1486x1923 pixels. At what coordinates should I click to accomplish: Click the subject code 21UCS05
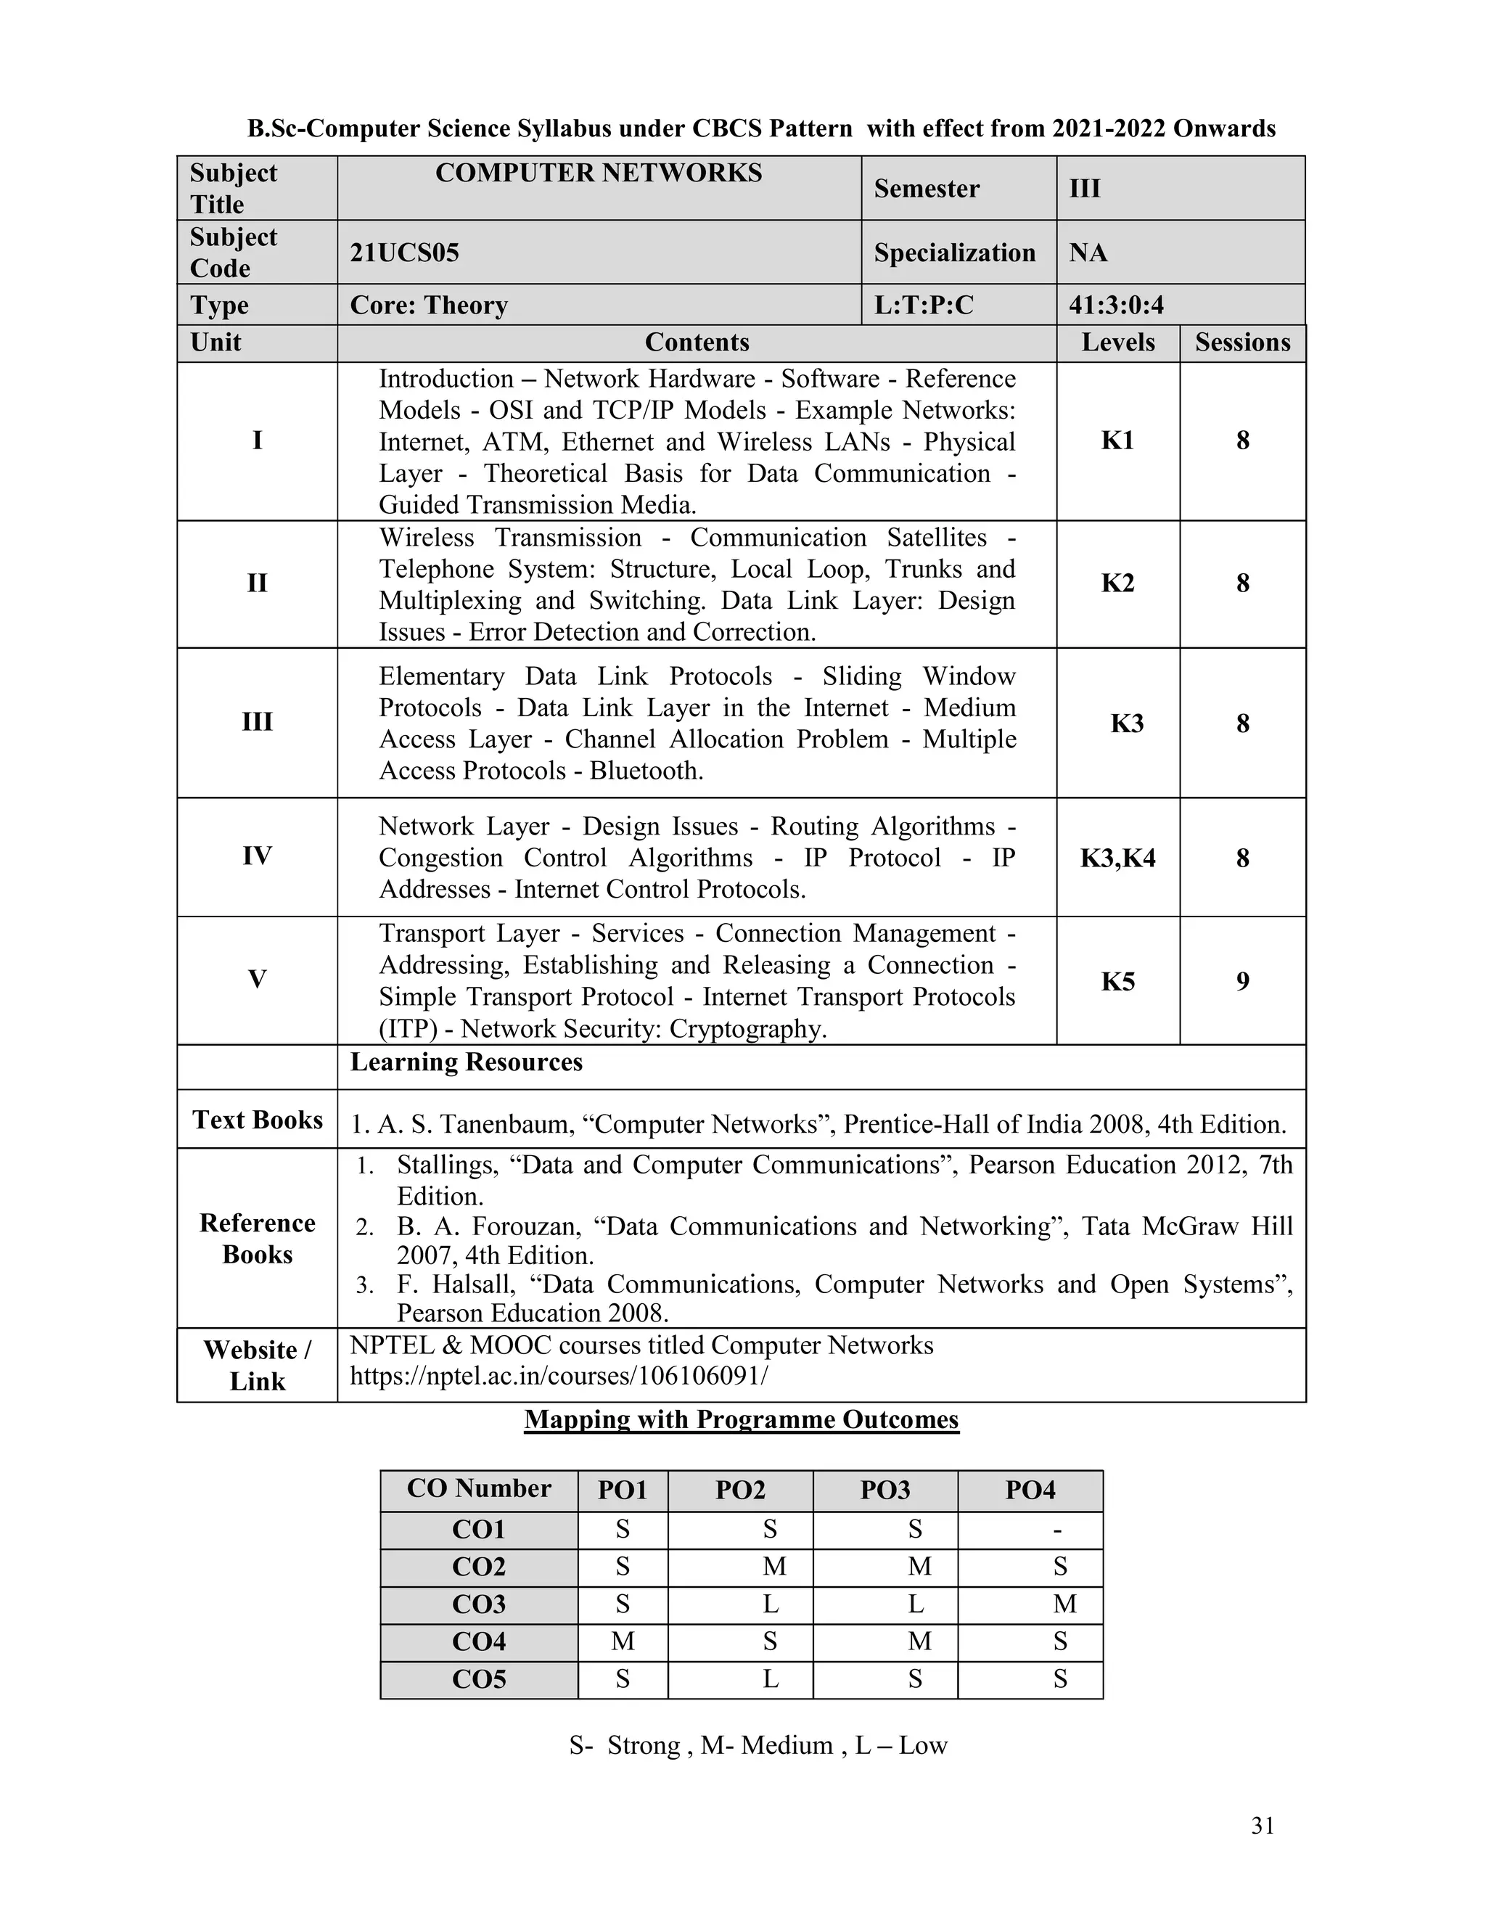click(x=404, y=253)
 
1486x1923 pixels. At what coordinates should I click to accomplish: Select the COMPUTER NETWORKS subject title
click(x=599, y=173)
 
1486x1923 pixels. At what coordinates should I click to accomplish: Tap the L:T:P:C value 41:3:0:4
click(x=1115, y=305)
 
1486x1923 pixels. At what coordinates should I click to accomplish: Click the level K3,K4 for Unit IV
click(x=1117, y=858)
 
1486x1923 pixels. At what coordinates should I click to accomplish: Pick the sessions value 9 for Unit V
click(x=1242, y=981)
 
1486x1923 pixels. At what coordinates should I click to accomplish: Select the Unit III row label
click(x=256, y=722)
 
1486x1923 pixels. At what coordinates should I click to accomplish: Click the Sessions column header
click(x=1242, y=343)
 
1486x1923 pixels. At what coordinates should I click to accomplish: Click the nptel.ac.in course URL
click(x=558, y=1375)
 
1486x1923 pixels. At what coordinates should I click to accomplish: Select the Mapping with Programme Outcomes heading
click(x=742, y=1419)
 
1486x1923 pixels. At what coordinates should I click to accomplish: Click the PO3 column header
click(x=884, y=1491)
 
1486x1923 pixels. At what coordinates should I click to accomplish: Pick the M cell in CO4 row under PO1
click(x=623, y=1641)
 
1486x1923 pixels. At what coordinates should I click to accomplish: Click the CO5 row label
click(x=479, y=1679)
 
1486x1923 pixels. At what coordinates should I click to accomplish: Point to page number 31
click(x=1263, y=1826)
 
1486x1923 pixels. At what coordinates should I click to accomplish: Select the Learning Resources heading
click(x=466, y=1062)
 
